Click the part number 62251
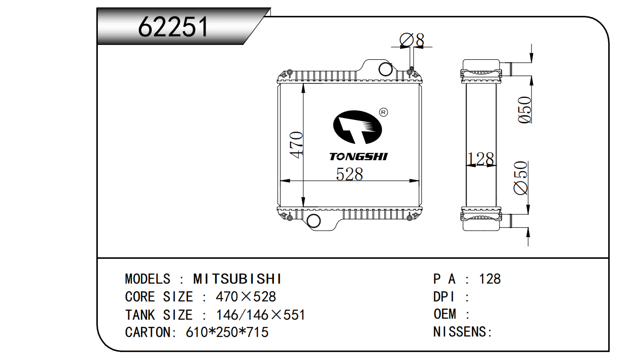point(173,27)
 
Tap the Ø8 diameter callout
point(412,40)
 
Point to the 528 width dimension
point(349,174)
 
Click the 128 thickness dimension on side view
point(481,159)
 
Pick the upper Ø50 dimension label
point(524,110)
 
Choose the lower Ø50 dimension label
point(522,178)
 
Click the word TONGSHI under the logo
point(359,157)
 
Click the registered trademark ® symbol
point(383,112)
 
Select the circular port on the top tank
point(385,69)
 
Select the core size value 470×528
point(246,297)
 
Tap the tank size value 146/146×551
point(260,315)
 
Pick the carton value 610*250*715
point(227,332)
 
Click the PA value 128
point(490,279)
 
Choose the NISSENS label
point(462,332)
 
